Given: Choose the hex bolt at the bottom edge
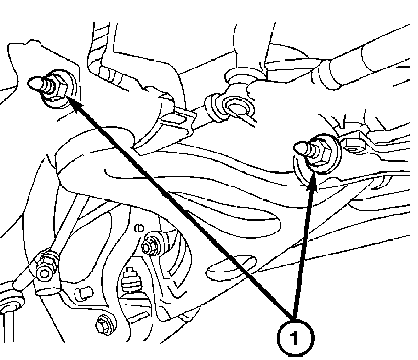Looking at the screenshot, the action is (103, 323).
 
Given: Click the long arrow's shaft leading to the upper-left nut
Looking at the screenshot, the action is (179, 205).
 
